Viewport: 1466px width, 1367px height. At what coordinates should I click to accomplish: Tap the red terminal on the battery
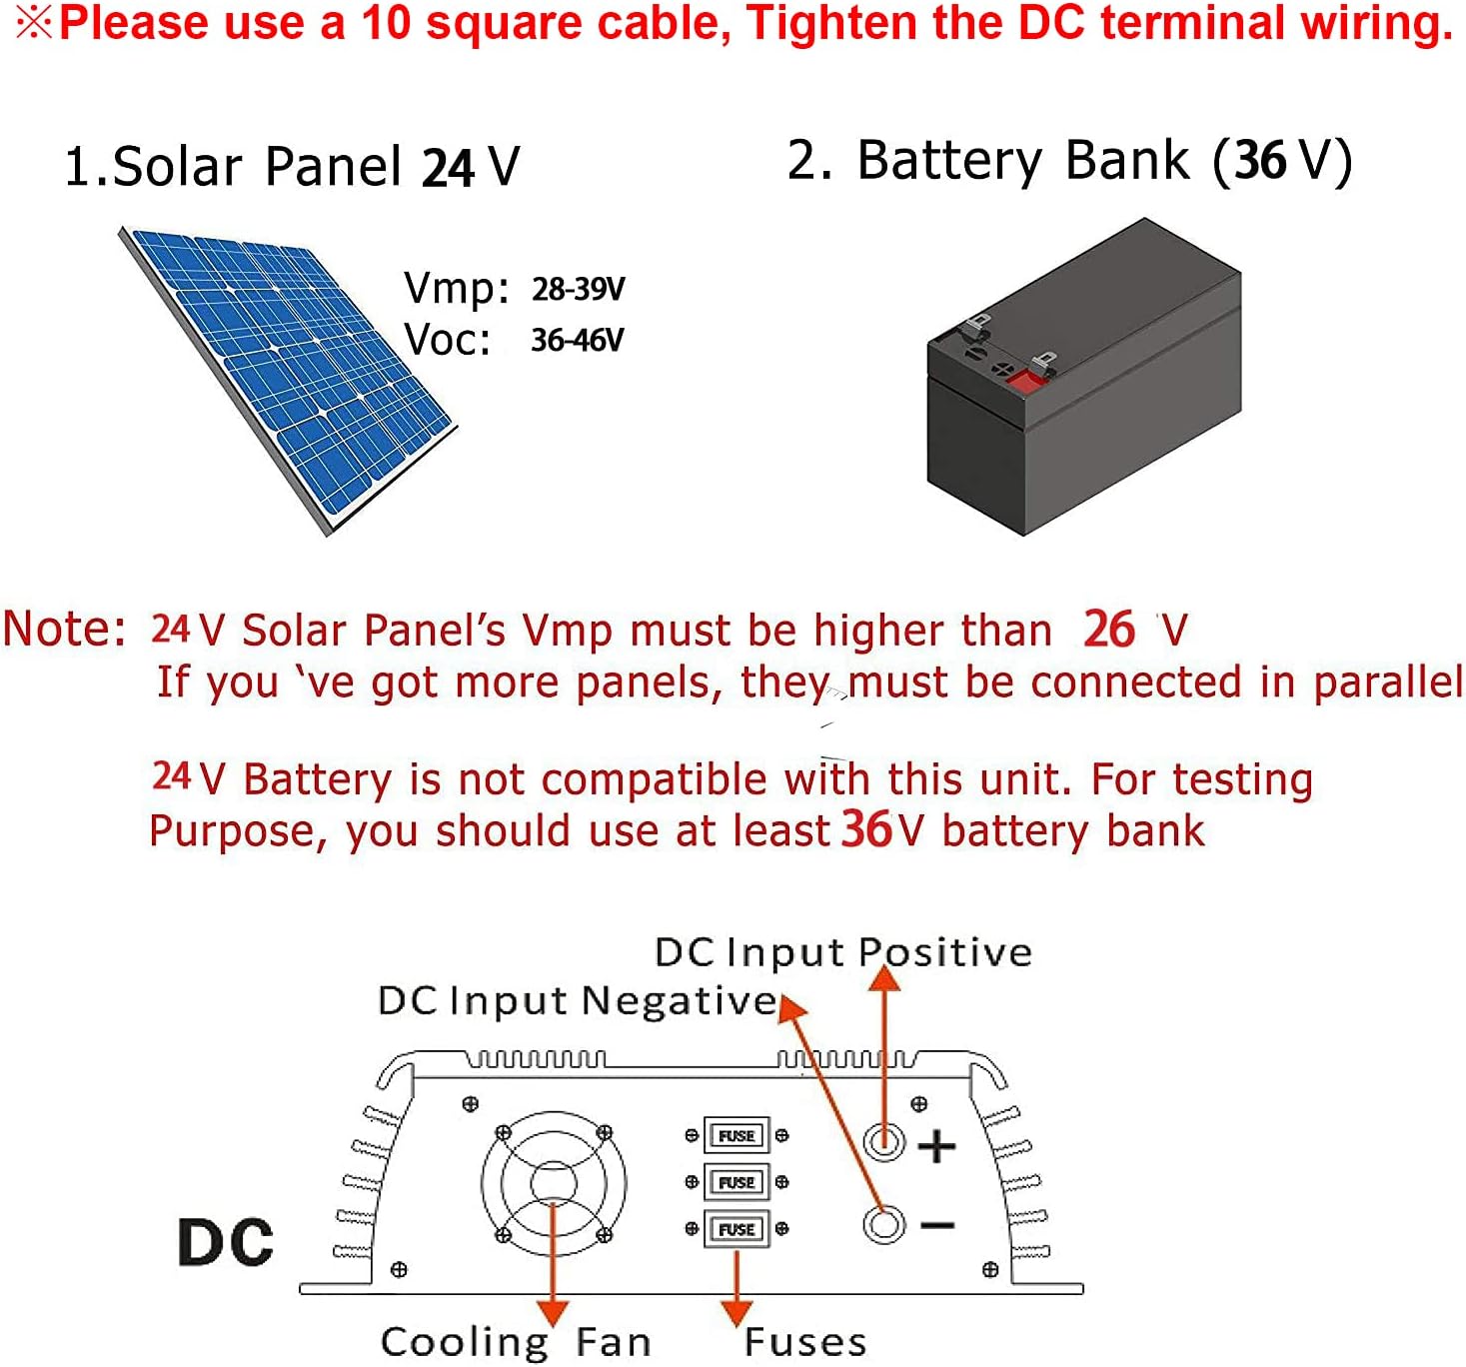tap(1023, 382)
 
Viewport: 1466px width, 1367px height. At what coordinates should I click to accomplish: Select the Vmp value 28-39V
tap(578, 290)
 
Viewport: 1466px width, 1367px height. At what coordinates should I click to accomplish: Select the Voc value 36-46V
tap(577, 341)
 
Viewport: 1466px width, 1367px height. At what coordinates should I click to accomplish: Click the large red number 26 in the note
tap(1109, 630)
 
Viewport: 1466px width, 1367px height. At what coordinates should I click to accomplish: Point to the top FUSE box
tap(736, 1136)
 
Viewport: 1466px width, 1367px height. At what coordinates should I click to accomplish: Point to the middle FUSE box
tap(736, 1183)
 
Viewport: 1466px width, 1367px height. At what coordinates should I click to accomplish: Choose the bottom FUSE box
tap(736, 1230)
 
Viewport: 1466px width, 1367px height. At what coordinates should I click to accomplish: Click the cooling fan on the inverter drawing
tap(554, 1184)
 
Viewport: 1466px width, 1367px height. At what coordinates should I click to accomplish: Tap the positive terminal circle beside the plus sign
tap(884, 1141)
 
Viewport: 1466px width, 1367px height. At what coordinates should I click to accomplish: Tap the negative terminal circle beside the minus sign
tap(884, 1224)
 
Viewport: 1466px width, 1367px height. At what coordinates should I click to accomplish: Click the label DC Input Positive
tap(843, 952)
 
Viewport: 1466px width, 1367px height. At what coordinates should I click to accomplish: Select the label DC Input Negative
tap(578, 1000)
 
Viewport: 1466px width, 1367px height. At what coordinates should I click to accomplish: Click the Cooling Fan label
tap(516, 1342)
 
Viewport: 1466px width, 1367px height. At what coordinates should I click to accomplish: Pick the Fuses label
tap(805, 1342)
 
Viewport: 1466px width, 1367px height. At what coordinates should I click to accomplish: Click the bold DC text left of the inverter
tap(226, 1243)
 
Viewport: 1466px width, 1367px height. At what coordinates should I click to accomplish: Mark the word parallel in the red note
tap(1388, 683)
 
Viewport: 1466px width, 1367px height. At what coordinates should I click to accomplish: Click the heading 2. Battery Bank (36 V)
tap(1069, 161)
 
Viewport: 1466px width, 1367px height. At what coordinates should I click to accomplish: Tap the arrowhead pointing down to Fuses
tap(736, 1312)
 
